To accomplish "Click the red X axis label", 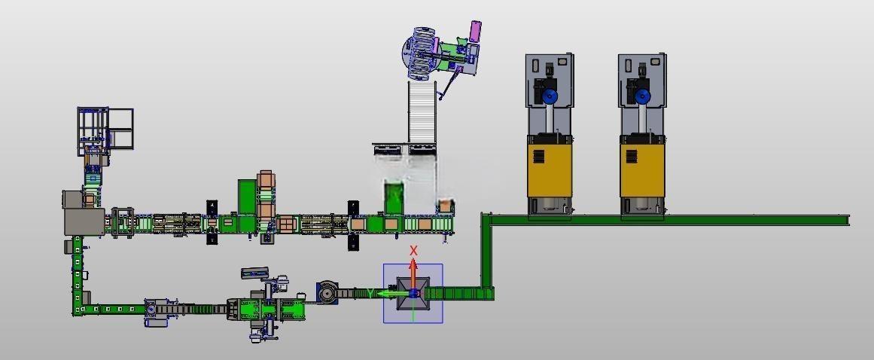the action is [413, 251].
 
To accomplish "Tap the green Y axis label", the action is [369, 293].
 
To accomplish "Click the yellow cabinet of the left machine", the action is [550, 166].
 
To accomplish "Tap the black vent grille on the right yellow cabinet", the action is [632, 156].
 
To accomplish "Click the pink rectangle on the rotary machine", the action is [476, 31].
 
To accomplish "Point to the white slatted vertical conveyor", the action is [422, 111].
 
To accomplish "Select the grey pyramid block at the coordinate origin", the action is [413, 294].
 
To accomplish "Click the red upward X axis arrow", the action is [413, 273].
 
